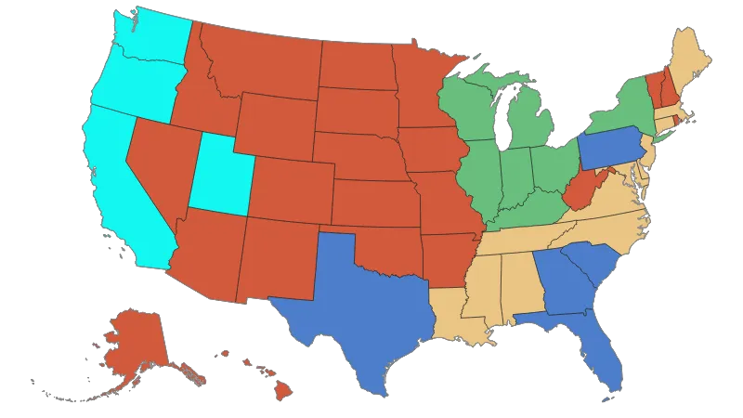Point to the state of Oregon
click(x=130, y=88)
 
